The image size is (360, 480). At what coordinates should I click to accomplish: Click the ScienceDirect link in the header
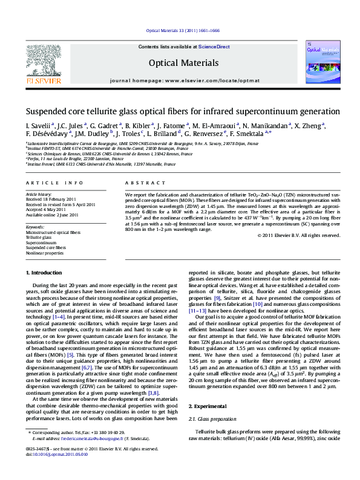[x=215, y=47]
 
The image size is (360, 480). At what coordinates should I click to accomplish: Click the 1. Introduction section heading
[x=48, y=274]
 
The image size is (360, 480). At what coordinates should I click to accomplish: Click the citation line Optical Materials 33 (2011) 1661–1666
[x=183, y=30]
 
